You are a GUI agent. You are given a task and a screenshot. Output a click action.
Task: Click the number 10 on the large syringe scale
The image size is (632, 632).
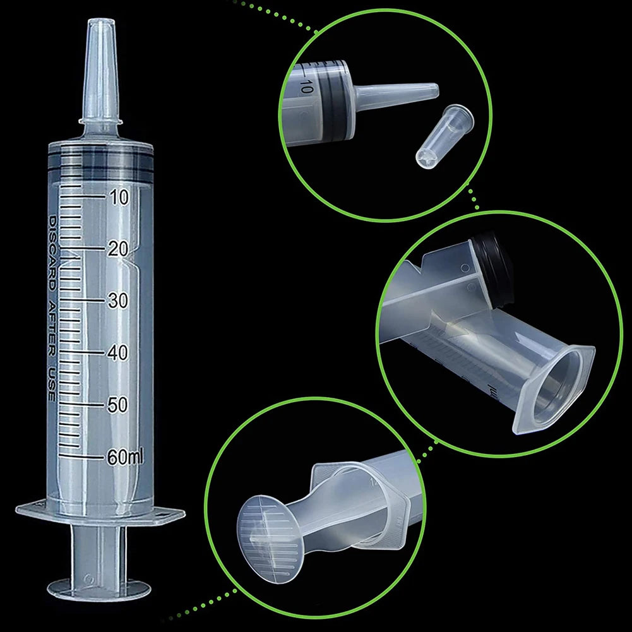click(x=117, y=198)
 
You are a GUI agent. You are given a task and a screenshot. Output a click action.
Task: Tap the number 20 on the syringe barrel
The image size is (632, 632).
click(x=117, y=249)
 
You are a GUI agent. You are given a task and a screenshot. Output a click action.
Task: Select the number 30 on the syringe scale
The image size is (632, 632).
click(x=117, y=301)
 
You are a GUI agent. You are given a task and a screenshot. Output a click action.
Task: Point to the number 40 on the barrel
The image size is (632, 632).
click(x=117, y=353)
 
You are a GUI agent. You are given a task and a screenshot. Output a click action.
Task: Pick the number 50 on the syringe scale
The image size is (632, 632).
click(x=117, y=405)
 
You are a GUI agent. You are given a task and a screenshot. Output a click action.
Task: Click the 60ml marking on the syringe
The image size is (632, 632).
click(x=125, y=456)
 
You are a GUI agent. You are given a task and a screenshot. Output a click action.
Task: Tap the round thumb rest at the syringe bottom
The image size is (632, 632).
click(x=99, y=589)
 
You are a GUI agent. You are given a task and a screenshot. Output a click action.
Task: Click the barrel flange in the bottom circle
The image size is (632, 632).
click(x=379, y=499)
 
